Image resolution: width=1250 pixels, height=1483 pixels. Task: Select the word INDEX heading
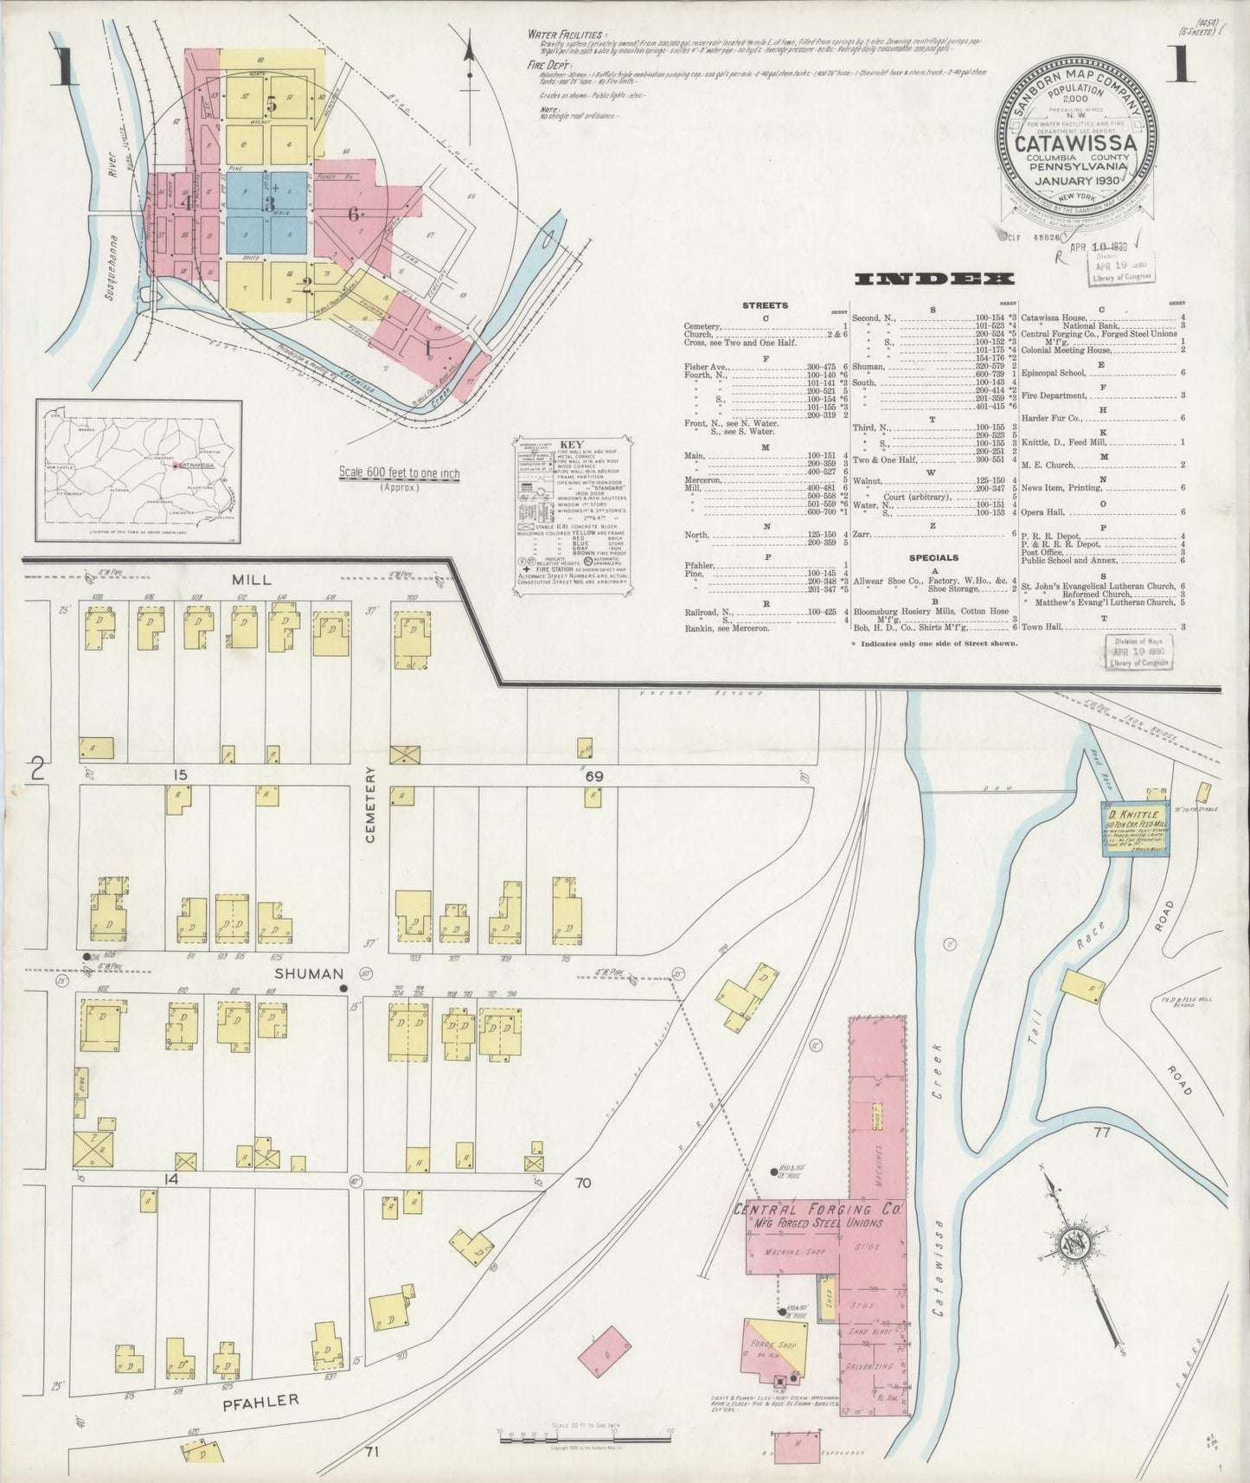tap(933, 279)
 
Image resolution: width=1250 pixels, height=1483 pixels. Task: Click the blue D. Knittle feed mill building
tap(1135, 829)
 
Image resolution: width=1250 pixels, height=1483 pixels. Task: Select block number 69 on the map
tap(593, 776)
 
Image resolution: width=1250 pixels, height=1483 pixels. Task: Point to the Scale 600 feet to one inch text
tap(399, 474)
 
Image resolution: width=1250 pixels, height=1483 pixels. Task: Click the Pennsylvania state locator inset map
tap(139, 465)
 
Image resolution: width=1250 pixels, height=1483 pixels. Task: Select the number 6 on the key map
tap(353, 215)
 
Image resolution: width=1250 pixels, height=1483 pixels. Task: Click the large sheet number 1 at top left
tap(64, 67)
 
